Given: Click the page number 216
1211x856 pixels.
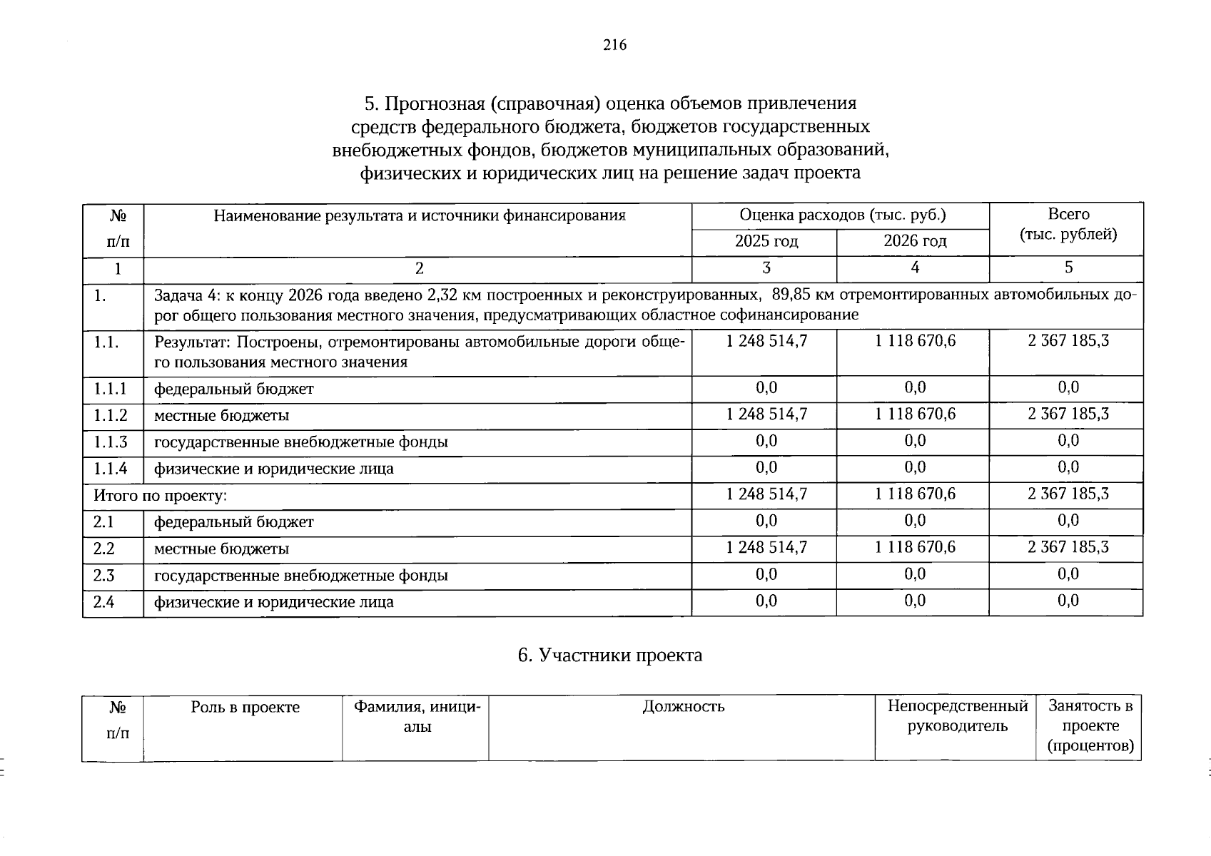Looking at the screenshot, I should click(x=614, y=46).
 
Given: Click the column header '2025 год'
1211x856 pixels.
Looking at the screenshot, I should click(x=766, y=242).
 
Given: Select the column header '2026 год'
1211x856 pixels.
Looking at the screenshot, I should click(x=915, y=242).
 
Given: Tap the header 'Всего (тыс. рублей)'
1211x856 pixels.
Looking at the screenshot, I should click(x=1068, y=224).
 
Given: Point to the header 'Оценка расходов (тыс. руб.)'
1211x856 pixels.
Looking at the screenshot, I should click(x=842, y=215).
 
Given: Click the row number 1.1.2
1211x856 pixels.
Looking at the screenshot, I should click(x=111, y=415).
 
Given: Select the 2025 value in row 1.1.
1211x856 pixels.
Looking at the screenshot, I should click(x=766, y=341).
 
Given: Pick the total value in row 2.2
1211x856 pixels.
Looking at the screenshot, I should click(x=1068, y=547).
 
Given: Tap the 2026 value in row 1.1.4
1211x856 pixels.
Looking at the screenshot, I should click(x=915, y=467).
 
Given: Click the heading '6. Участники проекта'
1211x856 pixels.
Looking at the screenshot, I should click(x=610, y=655).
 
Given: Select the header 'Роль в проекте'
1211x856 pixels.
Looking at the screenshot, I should click(x=245, y=708).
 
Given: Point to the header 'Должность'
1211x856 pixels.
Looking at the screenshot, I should click(x=683, y=707).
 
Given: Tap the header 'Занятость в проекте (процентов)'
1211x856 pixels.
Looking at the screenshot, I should click(x=1090, y=726).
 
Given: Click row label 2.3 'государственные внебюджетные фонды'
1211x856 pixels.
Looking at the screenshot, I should click(x=301, y=576).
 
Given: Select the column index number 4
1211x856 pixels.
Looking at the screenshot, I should click(x=915, y=267).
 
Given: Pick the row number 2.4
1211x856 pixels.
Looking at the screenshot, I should click(x=103, y=602).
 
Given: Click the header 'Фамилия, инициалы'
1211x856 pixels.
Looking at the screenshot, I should click(x=417, y=717).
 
